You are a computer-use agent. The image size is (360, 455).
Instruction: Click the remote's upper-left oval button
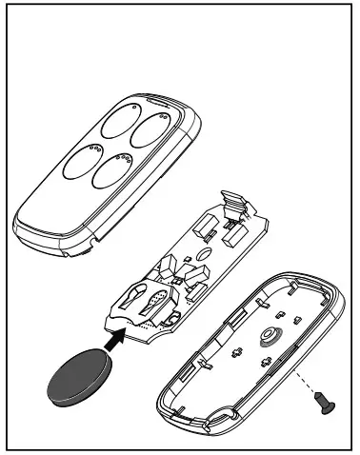point(113,123)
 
